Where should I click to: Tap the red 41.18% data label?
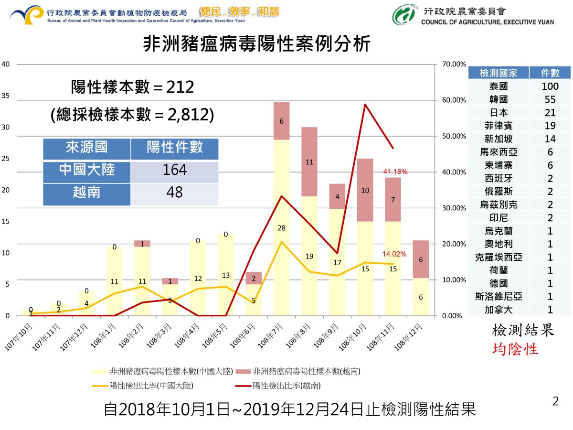(x=395, y=171)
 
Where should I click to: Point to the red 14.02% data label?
(x=394, y=254)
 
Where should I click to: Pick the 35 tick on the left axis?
(x=6, y=96)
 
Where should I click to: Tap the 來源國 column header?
(x=86, y=147)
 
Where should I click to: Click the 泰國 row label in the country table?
(x=499, y=86)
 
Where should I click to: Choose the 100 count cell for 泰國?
(x=550, y=86)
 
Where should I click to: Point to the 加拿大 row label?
(x=499, y=310)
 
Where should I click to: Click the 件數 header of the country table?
(x=550, y=73)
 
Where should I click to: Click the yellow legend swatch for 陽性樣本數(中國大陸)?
(x=100, y=371)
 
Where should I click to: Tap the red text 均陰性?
(x=515, y=349)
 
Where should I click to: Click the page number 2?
(x=555, y=401)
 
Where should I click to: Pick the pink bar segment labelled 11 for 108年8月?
(x=309, y=161)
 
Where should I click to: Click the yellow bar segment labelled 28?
(x=281, y=227)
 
